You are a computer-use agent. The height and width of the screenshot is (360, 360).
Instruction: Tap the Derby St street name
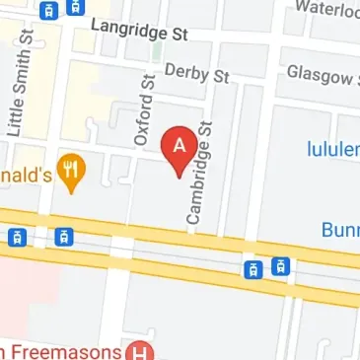tap(196, 72)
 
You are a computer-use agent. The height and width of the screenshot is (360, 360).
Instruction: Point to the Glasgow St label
tap(322, 74)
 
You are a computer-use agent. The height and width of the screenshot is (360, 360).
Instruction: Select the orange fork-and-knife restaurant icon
tap(68, 171)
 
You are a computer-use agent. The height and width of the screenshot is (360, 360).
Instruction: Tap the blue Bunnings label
tap(340, 230)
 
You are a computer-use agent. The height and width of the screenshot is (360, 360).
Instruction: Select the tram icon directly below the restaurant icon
tap(65, 236)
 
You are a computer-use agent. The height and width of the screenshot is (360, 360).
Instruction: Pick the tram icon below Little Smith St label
tap(17, 237)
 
